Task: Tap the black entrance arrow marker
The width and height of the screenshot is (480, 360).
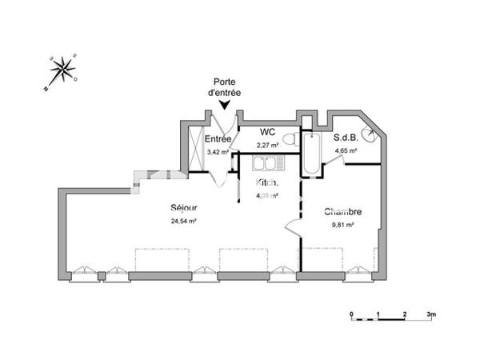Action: [226, 104]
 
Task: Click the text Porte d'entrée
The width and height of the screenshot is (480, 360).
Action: [226, 87]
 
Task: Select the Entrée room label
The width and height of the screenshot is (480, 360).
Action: [218, 139]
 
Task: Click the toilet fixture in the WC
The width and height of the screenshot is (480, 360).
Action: [290, 140]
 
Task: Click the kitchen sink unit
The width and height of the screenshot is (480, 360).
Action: [266, 165]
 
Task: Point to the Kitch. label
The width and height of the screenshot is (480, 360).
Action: [267, 183]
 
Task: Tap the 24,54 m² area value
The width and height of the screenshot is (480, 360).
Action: [184, 221]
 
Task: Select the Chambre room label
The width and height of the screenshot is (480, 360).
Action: [343, 212]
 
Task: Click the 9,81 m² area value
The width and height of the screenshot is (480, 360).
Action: [343, 225]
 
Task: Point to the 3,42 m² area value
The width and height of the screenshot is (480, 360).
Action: [218, 151]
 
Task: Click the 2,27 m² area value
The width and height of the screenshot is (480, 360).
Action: [267, 145]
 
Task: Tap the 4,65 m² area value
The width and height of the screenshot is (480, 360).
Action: [346, 150]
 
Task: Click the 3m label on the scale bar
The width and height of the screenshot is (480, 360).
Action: [430, 314]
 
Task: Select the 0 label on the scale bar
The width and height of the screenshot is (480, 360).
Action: [351, 314]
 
